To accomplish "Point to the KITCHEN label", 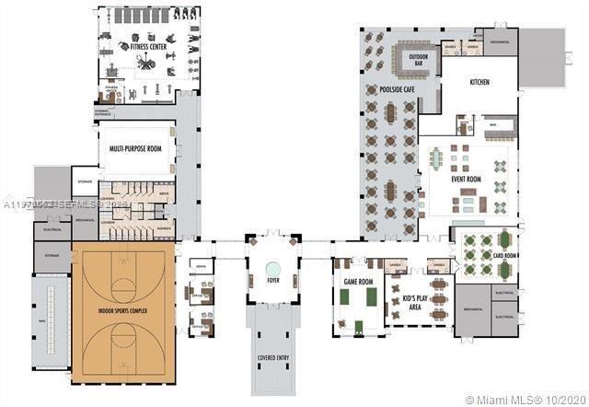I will [479, 83].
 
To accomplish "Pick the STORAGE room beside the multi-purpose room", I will [84, 182].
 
